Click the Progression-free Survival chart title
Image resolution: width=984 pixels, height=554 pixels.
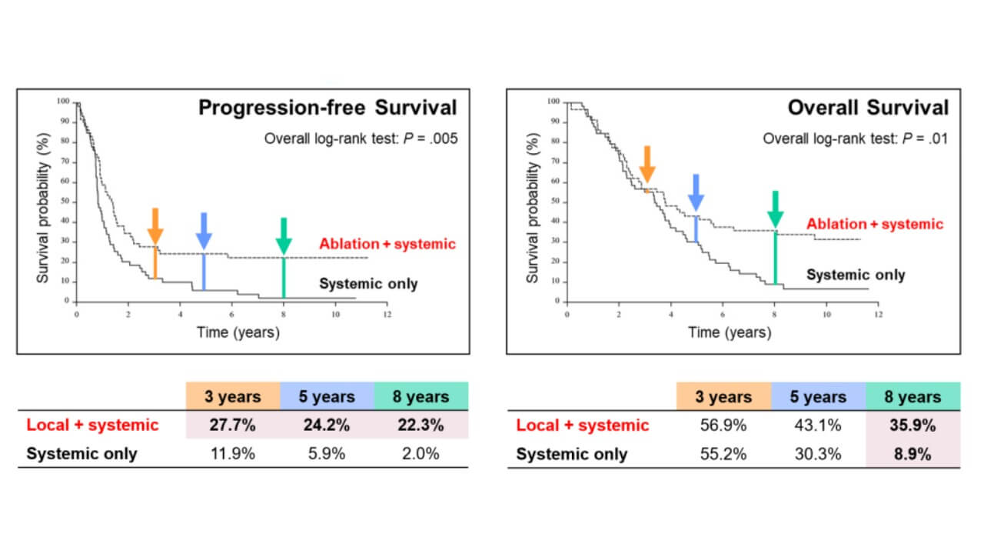tap(327, 108)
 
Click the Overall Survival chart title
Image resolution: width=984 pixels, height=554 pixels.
tap(868, 108)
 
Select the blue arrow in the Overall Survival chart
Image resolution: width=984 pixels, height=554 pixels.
tap(696, 192)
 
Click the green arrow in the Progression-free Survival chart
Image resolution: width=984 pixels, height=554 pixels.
tap(284, 235)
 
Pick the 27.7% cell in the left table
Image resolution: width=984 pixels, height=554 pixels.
tap(232, 425)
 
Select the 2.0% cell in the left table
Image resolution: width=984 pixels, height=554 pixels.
tap(421, 453)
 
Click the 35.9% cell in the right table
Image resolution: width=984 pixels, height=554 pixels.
tap(913, 425)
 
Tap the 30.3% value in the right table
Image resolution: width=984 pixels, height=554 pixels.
tap(818, 454)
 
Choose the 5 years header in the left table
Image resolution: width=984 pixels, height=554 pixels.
tap(327, 397)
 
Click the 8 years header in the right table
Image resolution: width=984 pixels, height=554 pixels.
tap(913, 397)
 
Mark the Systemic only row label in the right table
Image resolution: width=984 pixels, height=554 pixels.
tap(571, 454)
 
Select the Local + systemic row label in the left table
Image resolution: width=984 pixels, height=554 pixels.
tap(92, 425)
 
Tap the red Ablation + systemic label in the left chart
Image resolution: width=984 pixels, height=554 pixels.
tap(387, 245)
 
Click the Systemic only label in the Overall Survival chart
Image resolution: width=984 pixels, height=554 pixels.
tap(856, 275)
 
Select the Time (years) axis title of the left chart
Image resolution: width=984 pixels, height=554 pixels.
tap(239, 332)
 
